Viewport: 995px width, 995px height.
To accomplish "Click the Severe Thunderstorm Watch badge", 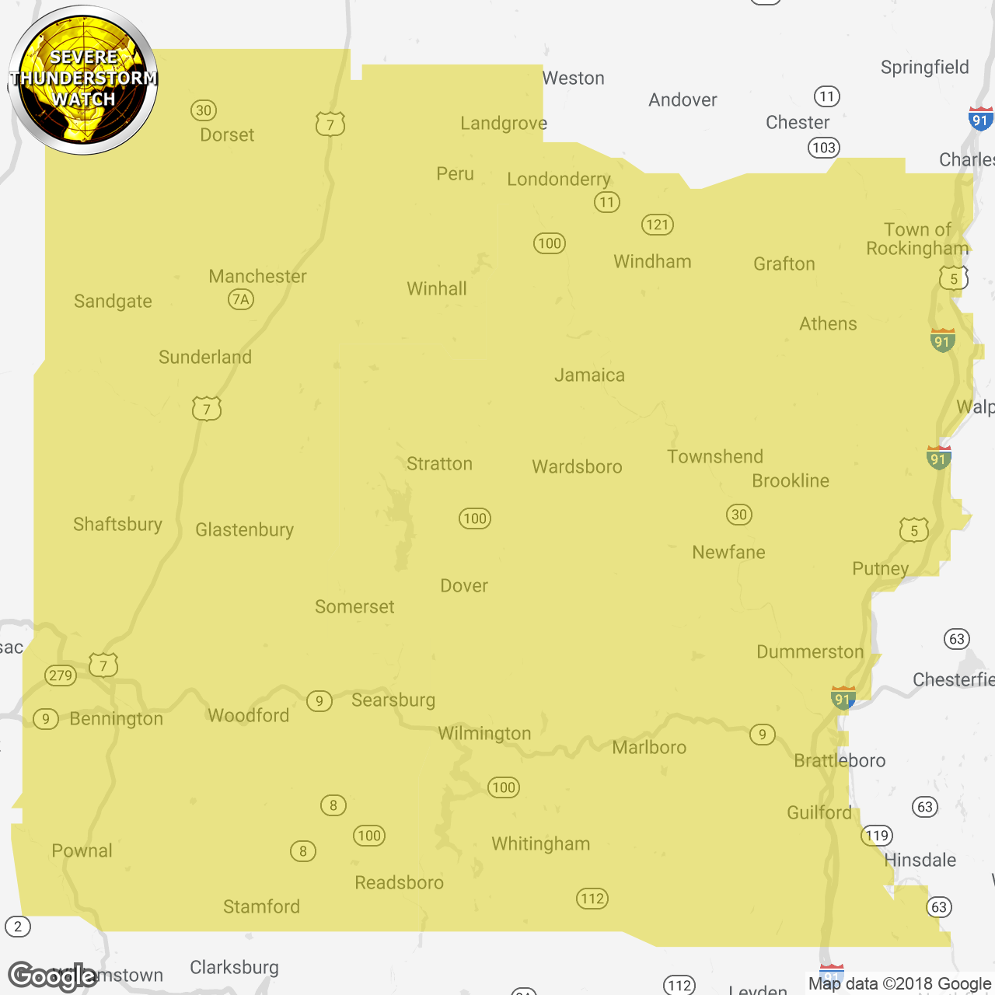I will (83, 79).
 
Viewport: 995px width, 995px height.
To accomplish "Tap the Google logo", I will (52, 976).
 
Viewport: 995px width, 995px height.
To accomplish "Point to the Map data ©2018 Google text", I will (899, 983).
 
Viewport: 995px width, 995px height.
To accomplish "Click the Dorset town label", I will (227, 134).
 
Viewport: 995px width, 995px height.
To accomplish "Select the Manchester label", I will (257, 276).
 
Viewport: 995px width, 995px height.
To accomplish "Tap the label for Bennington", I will (117, 719).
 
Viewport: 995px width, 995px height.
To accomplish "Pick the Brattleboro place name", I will (840, 760).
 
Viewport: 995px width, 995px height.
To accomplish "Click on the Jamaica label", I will (589, 375).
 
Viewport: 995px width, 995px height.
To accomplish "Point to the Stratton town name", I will (439, 464).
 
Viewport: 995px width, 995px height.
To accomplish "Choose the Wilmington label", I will (484, 733).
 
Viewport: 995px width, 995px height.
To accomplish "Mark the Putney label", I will (880, 568).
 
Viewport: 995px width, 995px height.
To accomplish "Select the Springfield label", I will (924, 68).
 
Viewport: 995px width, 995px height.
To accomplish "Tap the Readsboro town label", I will (399, 882).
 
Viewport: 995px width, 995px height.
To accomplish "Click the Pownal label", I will (82, 850).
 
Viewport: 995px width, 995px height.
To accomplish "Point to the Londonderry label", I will (559, 180).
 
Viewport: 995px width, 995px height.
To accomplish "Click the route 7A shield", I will (241, 299).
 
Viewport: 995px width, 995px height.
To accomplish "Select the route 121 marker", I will (657, 225).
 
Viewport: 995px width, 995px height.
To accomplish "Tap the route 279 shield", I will (61, 676).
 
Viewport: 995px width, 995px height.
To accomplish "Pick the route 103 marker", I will (823, 148).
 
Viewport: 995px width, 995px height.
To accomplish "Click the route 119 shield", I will (877, 836).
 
